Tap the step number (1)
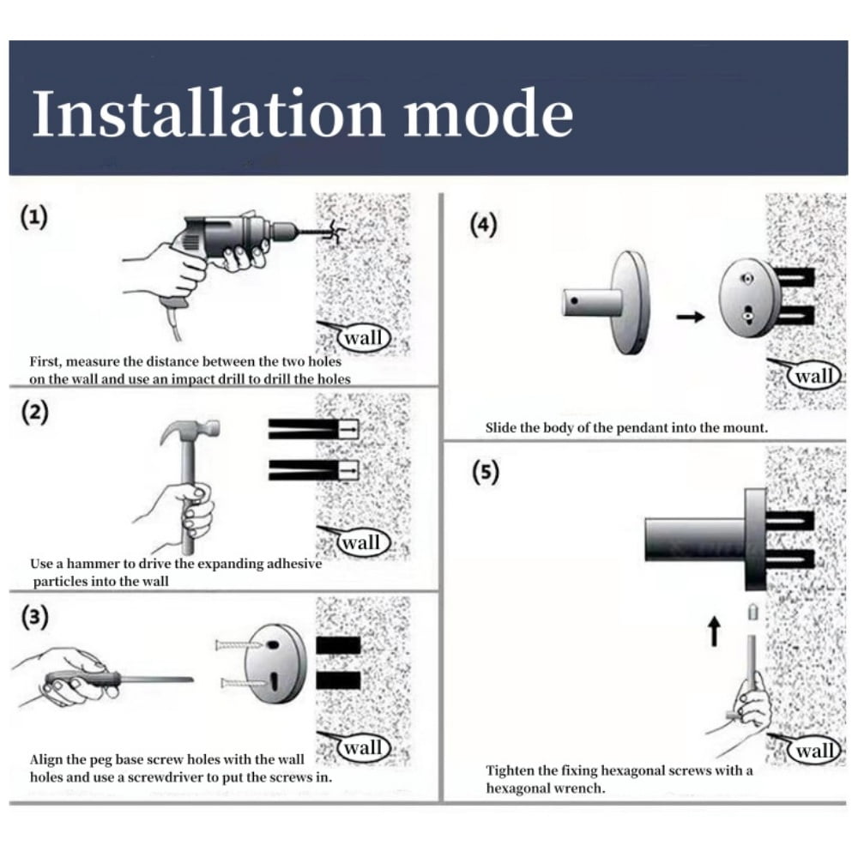(x=34, y=217)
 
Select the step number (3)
(x=34, y=617)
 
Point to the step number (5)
(x=486, y=472)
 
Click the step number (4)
(x=484, y=225)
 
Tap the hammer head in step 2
(x=190, y=431)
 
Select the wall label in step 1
(x=363, y=337)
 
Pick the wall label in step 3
(x=363, y=747)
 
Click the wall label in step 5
(x=815, y=750)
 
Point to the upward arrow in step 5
(x=714, y=631)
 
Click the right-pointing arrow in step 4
(x=691, y=317)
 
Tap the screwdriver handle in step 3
(x=82, y=679)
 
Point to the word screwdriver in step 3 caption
(x=168, y=777)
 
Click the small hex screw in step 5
(x=753, y=612)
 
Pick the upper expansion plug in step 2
(x=313, y=429)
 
